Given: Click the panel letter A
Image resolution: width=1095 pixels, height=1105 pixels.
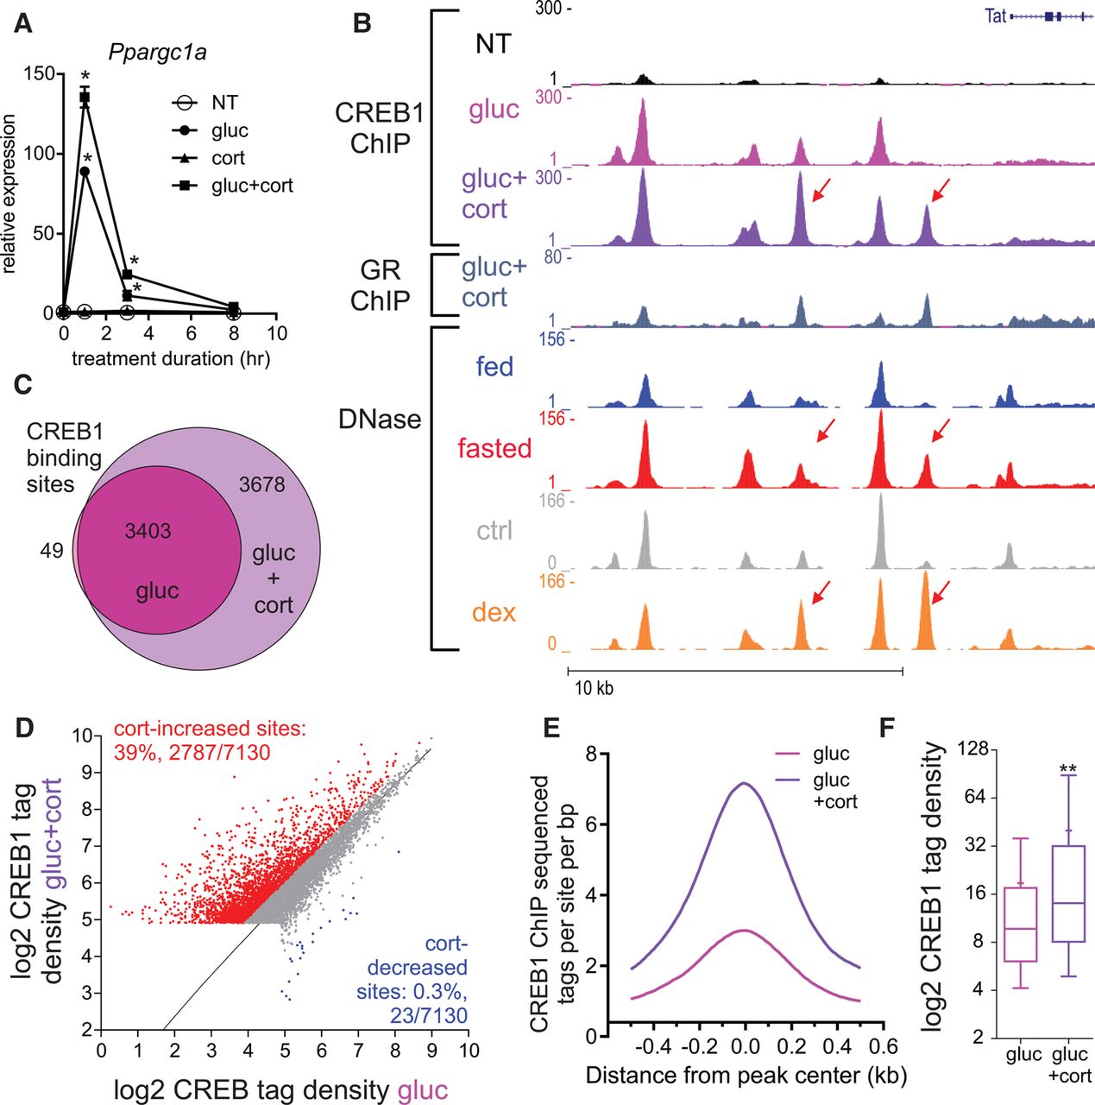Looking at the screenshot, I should pyautogui.click(x=23, y=23).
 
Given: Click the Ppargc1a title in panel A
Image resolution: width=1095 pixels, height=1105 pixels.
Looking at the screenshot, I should pyautogui.click(x=157, y=53).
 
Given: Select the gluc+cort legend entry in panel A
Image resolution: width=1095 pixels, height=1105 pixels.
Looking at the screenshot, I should pyautogui.click(x=251, y=186).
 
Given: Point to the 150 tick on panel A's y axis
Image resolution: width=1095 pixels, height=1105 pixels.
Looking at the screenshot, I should pyautogui.click(x=38, y=73).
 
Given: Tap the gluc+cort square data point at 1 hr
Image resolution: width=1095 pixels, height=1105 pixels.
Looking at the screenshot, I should pyautogui.click(x=85, y=98).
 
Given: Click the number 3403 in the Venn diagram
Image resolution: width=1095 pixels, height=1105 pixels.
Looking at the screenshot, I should pyautogui.click(x=148, y=531).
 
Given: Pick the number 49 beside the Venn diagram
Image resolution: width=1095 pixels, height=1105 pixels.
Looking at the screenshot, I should pyautogui.click(x=52, y=550).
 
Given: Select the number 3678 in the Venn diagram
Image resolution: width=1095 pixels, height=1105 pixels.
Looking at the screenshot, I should pyautogui.click(x=261, y=484).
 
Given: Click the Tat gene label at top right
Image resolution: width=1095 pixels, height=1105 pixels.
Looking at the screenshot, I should pyautogui.click(x=995, y=16).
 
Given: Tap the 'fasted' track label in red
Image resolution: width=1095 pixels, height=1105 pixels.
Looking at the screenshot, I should pyautogui.click(x=494, y=448).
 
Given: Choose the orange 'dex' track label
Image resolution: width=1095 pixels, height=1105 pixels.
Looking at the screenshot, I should pyautogui.click(x=494, y=613).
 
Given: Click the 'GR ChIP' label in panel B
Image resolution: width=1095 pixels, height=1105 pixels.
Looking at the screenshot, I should pyautogui.click(x=380, y=285).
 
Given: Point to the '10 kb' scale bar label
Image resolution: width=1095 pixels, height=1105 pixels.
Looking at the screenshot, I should pyautogui.click(x=595, y=689).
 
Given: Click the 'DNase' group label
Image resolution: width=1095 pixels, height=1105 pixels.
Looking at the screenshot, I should pyautogui.click(x=380, y=420).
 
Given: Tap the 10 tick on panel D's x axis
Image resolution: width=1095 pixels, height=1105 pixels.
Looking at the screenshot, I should pyautogui.click(x=469, y=1051).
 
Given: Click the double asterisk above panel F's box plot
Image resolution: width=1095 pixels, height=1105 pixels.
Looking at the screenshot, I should pyautogui.click(x=1067, y=768).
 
